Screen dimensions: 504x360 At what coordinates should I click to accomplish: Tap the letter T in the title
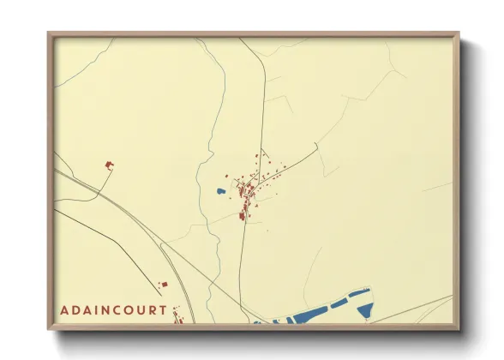163,310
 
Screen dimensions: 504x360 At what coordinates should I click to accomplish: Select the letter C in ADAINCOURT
113,310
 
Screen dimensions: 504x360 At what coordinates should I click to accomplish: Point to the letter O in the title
126,310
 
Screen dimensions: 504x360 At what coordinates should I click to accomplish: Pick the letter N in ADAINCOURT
101,310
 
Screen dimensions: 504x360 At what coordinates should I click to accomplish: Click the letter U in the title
139,310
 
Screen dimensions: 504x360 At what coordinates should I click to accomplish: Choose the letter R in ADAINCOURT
151,310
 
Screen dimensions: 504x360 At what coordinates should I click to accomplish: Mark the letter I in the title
93,310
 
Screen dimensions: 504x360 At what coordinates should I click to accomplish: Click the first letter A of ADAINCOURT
65,310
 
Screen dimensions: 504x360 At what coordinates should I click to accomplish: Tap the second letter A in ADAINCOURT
85,310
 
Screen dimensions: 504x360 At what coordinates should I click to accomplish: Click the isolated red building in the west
108,164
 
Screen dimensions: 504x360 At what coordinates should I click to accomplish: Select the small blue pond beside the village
220,192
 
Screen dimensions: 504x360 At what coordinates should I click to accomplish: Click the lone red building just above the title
165,284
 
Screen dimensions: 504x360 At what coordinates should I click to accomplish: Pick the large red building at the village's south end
243,214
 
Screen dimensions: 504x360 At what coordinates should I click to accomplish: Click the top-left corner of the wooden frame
49,34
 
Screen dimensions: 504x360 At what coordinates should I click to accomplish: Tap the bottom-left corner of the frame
49,328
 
